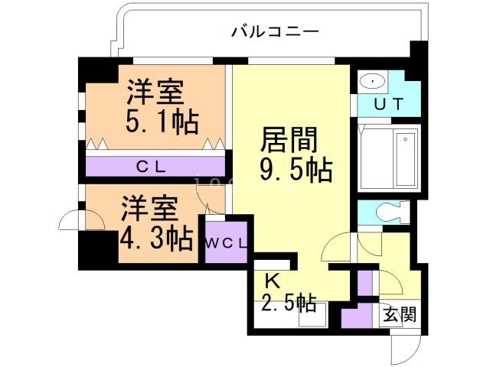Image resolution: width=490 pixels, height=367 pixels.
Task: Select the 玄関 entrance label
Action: pos(399,313)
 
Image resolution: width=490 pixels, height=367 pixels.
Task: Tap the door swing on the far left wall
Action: pos(70,219)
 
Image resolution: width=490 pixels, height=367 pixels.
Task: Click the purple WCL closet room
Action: pos(225,241)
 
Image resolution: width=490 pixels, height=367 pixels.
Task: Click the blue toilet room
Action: pos(384,212)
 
